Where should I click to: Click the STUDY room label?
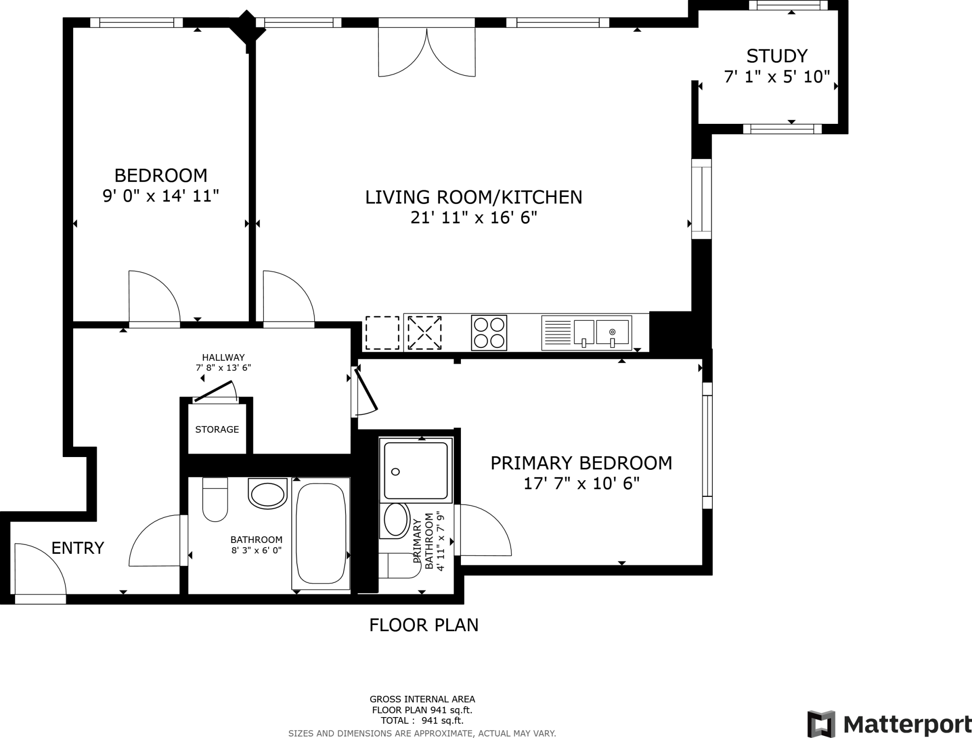[x=776, y=56]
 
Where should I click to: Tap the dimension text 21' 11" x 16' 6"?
[x=474, y=218]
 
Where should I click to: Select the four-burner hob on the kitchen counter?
[x=489, y=333]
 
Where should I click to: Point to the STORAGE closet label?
[x=217, y=430]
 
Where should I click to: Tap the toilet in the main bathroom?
[x=215, y=500]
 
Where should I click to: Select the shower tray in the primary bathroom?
[x=416, y=470]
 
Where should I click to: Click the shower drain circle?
[x=395, y=471]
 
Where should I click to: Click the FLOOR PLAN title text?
[x=424, y=625]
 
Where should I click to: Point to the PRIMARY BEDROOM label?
[x=581, y=463]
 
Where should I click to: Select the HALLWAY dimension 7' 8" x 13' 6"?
[x=223, y=367]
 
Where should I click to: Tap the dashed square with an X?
[x=424, y=333]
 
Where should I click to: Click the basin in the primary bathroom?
[x=396, y=520]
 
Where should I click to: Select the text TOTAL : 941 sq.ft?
[x=422, y=720]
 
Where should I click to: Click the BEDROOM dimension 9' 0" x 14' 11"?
[x=161, y=196]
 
